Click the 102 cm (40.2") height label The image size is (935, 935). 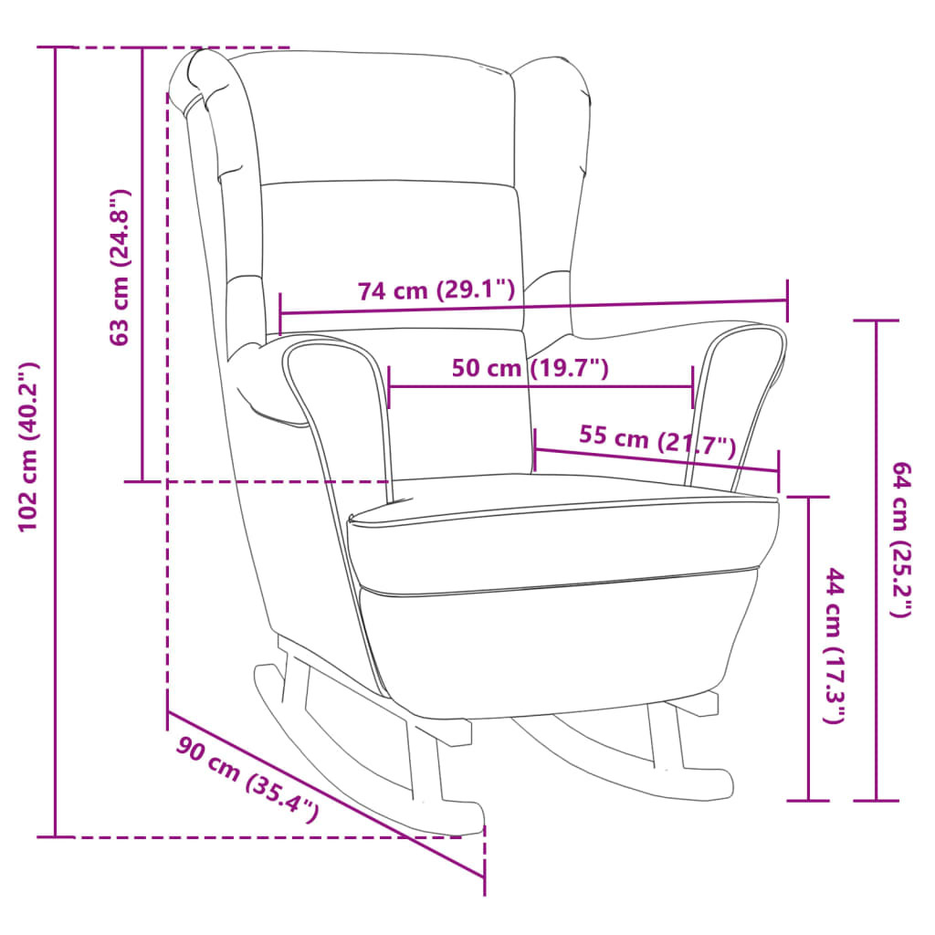click(x=28, y=446)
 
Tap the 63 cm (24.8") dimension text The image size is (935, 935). click(x=120, y=268)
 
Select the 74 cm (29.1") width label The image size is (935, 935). click(x=436, y=290)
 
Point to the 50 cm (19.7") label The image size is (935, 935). click(x=531, y=368)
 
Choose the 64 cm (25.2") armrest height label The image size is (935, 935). click(x=901, y=540)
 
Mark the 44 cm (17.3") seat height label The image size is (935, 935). click(x=835, y=646)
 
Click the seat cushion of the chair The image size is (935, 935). click(x=561, y=537)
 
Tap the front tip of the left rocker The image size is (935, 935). click(x=471, y=820)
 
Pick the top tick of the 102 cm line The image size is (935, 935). click(x=56, y=47)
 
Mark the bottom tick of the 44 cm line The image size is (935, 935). click(x=809, y=800)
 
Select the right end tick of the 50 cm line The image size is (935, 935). click(x=693, y=387)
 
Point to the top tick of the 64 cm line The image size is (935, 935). click(x=876, y=320)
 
